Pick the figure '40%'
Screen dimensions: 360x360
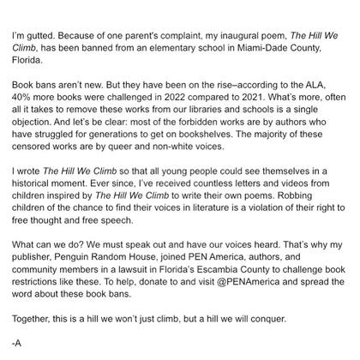pyautogui.click(x=21, y=99)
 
